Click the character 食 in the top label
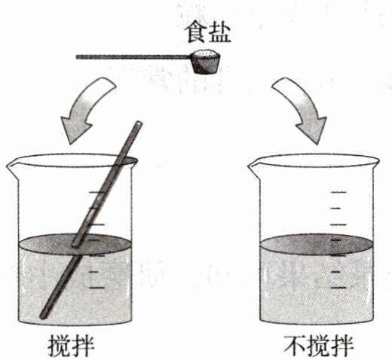pos(196,33)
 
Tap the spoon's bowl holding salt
pos(206,62)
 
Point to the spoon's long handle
pos(133,57)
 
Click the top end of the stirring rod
pos(139,124)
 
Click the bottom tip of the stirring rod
pos(43,316)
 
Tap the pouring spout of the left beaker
pos(11,166)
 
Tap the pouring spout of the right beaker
pos(253,166)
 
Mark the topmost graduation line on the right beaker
pos(338,192)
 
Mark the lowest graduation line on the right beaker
pos(338,288)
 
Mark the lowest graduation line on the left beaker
pos(96,288)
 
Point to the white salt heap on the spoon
pos(206,53)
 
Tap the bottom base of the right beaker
pos(316,321)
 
